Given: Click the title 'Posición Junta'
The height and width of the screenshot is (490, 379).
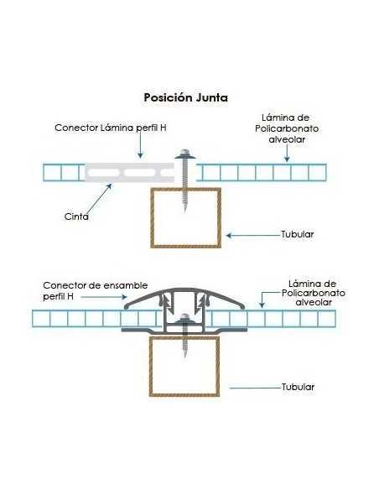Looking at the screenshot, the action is tap(185, 98).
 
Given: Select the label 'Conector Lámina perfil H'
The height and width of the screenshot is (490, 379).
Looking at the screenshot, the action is tap(111, 128).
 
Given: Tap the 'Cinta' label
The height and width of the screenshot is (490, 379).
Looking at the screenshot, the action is tap(76, 216).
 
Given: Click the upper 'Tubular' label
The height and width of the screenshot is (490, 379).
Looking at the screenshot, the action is tap(297, 234).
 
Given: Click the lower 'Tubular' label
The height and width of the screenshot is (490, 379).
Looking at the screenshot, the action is tap(298, 387).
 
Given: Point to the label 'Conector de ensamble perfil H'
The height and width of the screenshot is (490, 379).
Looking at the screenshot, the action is tap(96, 290).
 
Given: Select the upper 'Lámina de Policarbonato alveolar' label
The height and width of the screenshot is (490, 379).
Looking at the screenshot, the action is tap(287, 128).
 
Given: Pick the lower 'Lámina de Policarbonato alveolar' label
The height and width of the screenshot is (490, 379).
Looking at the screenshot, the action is tap(314, 293).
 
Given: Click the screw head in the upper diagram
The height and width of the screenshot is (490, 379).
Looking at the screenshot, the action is tap(184, 154).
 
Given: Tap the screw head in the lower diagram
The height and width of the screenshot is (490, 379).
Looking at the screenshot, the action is tap(184, 319).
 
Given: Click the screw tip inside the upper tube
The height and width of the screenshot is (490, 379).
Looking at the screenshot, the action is tap(185, 210).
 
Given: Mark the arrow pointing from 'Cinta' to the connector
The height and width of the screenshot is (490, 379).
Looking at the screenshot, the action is tap(99, 200).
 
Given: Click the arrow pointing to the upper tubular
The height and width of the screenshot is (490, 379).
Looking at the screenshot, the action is tap(253, 235).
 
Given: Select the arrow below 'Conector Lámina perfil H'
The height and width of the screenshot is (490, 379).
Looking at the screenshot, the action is tap(140, 145).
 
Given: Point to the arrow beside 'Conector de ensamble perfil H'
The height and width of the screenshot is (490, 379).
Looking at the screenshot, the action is tap(104, 296).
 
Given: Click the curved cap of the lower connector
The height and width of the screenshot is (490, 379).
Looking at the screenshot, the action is tap(184, 289).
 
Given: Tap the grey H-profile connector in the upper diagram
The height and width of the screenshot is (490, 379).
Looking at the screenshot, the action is tap(129, 173).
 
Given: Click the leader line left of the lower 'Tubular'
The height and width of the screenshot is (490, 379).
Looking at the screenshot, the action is tap(255, 388).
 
